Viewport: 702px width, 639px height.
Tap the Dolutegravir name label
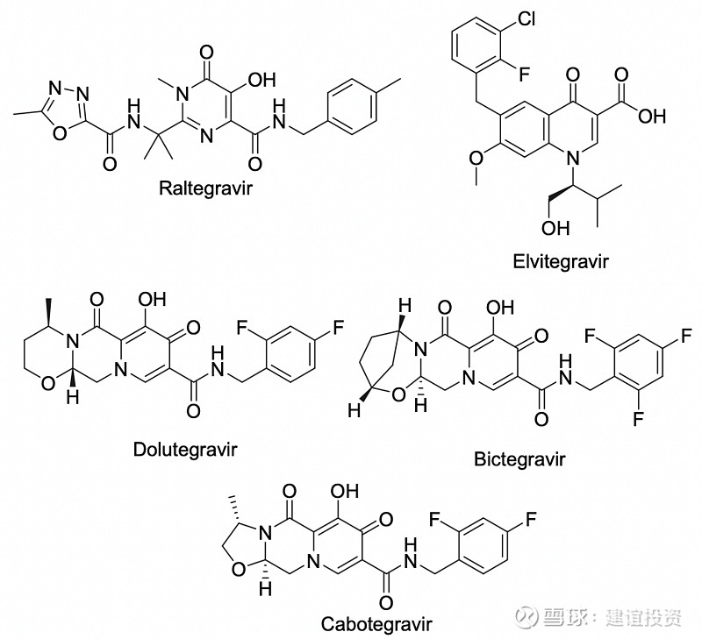pos(184,450)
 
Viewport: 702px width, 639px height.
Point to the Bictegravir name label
pos(518,458)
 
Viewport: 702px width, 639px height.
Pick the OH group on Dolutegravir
pos(154,306)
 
